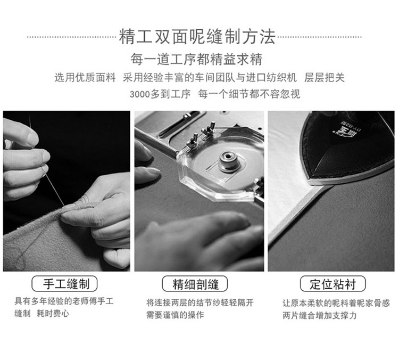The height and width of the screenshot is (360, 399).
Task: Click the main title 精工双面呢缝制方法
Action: click(x=197, y=37)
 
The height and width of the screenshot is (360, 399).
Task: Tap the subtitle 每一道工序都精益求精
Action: click(x=196, y=59)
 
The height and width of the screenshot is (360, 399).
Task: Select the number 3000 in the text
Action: click(x=140, y=94)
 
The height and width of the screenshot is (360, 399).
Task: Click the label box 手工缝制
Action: click(x=64, y=283)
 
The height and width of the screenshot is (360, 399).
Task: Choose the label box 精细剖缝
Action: click(x=195, y=283)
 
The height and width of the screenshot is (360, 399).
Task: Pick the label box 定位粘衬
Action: click(x=333, y=283)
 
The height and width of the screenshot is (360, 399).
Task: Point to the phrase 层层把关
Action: click(x=325, y=77)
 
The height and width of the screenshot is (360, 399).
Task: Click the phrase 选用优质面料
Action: click(x=85, y=77)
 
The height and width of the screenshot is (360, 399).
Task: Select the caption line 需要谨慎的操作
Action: click(x=175, y=315)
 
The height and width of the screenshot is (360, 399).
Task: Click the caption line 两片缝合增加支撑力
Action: click(x=320, y=315)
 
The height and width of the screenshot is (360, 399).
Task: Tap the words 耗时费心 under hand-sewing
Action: click(x=53, y=313)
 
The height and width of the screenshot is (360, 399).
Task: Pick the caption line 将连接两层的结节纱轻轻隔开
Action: click(x=200, y=302)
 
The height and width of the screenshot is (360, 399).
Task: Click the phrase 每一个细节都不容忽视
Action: click(x=249, y=94)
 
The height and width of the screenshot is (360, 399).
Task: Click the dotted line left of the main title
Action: click(x=71, y=37)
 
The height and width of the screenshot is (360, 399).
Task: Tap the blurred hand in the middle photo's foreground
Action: click(x=201, y=242)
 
